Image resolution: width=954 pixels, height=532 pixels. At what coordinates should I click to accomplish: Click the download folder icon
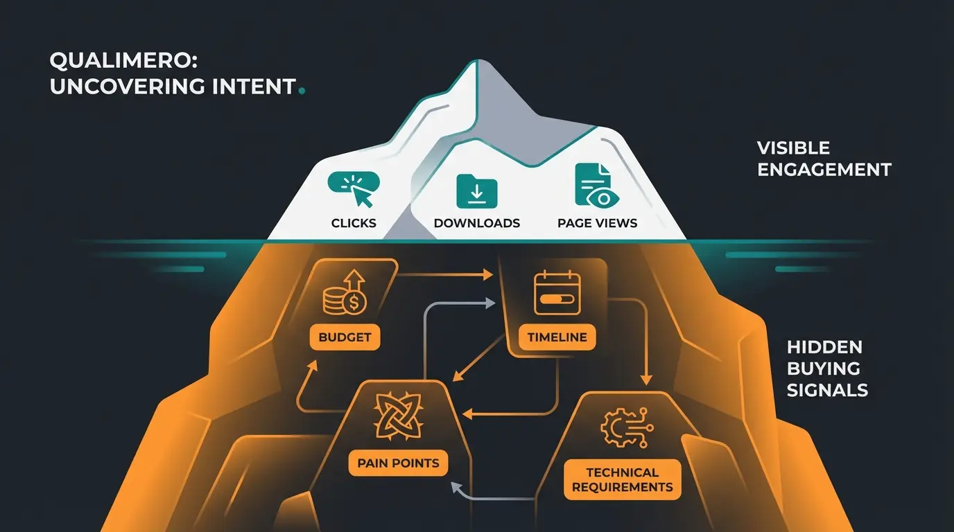point(477,192)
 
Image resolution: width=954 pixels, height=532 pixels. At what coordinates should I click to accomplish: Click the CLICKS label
point(354,223)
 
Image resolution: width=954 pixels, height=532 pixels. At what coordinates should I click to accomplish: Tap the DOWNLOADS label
point(477,223)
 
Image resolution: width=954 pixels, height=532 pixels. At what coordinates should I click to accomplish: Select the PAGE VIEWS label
point(597,223)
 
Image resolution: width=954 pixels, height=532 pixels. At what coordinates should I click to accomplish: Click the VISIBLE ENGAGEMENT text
point(824,159)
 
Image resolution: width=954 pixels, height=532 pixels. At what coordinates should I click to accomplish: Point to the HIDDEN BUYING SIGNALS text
point(826,369)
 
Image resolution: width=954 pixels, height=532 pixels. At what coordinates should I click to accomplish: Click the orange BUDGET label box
point(345,338)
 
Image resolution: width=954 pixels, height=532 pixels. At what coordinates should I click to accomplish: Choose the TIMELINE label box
point(557,337)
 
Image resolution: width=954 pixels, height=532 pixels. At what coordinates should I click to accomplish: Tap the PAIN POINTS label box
point(398,463)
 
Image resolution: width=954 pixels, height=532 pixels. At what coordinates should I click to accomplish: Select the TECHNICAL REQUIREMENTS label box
point(622,479)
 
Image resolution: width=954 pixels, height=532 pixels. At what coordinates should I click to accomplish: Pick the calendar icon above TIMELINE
point(557,294)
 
